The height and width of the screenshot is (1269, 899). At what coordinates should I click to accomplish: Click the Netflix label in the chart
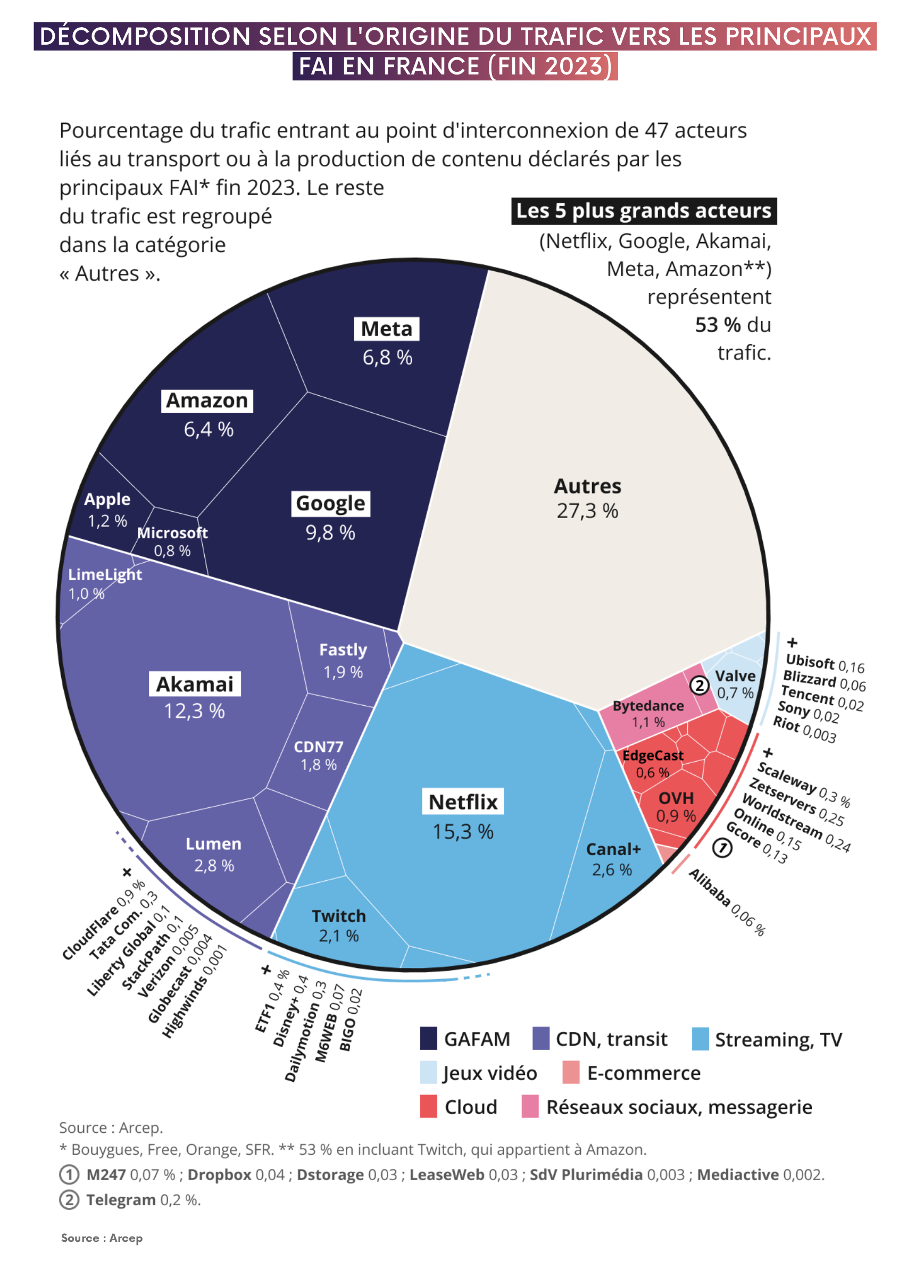click(463, 802)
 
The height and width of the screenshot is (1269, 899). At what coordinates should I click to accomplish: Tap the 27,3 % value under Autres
click(587, 511)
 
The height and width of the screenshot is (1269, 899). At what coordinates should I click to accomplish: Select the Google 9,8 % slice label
click(330, 504)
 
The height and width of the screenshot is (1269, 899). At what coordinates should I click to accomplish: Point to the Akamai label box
click(195, 684)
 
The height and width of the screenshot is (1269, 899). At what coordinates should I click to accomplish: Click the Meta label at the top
click(386, 329)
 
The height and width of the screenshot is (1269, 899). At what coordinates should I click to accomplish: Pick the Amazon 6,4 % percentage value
click(209, 429)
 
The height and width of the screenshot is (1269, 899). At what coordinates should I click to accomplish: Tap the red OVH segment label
click(676, 798)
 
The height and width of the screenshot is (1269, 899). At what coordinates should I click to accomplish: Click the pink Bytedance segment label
click(648, 706)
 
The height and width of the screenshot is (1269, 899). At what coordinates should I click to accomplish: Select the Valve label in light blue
click(735, 677)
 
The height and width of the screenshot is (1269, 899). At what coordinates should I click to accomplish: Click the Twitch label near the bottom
click(339, 916)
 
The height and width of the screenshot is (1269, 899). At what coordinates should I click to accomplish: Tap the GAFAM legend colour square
click(428, 1039)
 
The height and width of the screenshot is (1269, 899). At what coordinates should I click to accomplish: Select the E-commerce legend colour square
click(571, 1073)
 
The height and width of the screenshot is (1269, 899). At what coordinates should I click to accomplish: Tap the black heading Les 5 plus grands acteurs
click(643, 211)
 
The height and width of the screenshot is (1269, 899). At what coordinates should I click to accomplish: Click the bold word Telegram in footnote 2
click(120, 1200)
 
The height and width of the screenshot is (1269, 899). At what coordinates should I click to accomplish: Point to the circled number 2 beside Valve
click(699, 686)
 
